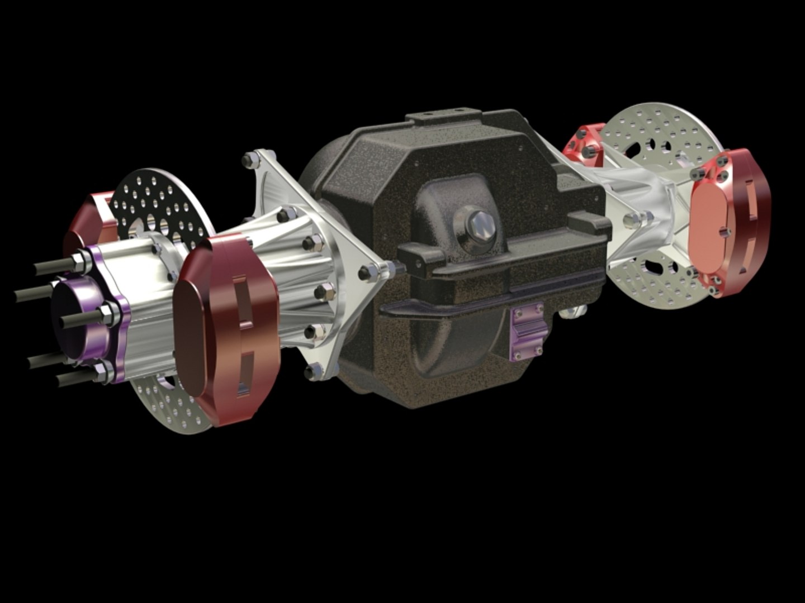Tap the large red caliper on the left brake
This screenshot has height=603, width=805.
tap(229, 324)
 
